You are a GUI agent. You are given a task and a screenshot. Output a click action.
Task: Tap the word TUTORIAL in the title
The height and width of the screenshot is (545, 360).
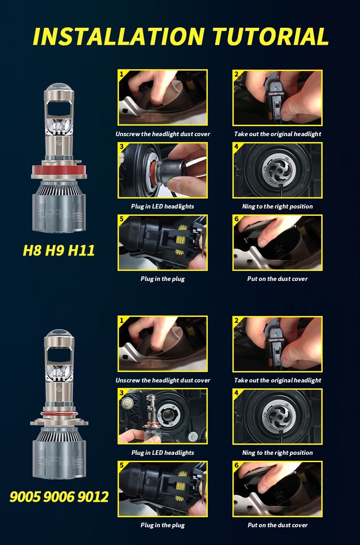click(x=270, y=36)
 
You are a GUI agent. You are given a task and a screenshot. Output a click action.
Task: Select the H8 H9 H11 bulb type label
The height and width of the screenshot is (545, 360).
click(x=59, y=250)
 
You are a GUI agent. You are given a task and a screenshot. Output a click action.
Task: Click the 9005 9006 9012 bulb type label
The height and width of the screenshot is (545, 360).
click(x=59, y=496)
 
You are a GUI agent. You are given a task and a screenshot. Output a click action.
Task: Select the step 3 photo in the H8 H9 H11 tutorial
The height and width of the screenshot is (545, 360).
click(x=163, y=170)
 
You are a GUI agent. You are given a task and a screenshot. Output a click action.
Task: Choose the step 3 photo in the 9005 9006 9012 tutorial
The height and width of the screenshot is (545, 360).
click(x=163, y=417)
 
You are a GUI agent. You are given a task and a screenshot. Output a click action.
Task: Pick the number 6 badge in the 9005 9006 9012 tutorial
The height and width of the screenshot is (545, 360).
click(x=237, y=465)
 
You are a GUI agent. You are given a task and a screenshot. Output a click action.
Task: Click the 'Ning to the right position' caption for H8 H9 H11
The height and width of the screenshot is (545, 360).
click(x=278, y=206)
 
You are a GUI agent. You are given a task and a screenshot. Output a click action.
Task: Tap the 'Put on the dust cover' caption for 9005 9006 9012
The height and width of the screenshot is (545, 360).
click(x=278, y=525)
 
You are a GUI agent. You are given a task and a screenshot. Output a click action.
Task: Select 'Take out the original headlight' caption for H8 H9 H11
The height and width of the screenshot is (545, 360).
click(x=278, y=134)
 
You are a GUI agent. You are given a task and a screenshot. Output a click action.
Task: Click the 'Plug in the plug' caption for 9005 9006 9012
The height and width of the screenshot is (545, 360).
click(x=163, y=525)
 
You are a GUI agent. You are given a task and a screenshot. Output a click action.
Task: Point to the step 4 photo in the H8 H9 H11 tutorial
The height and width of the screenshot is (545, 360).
click(x=278, y=170)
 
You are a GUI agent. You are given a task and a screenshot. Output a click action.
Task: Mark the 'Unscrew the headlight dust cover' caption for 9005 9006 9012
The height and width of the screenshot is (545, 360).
click(x=163, y=380)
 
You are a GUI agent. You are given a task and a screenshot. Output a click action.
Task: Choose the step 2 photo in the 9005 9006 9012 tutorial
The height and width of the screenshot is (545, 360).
click(x=278, y=344)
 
